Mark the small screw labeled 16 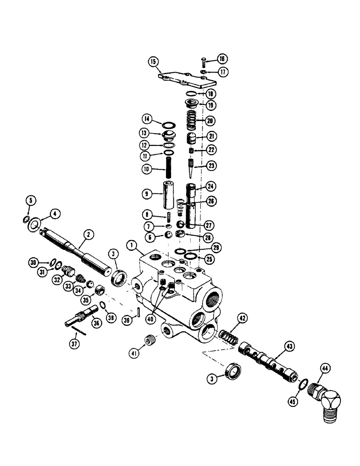[x=204, y=61]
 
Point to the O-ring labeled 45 [x=303, y=384]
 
